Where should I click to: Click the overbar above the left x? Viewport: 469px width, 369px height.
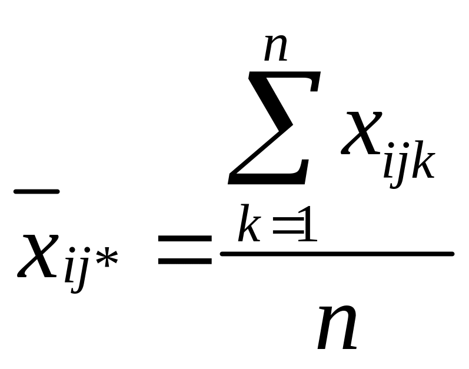coord(36,191)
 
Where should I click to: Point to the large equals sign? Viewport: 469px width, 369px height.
coord(184,250)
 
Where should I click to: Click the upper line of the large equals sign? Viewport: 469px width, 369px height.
coord(184,239)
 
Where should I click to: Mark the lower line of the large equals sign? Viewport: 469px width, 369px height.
coord(184,260)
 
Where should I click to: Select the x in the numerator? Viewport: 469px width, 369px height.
coord(361,134)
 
